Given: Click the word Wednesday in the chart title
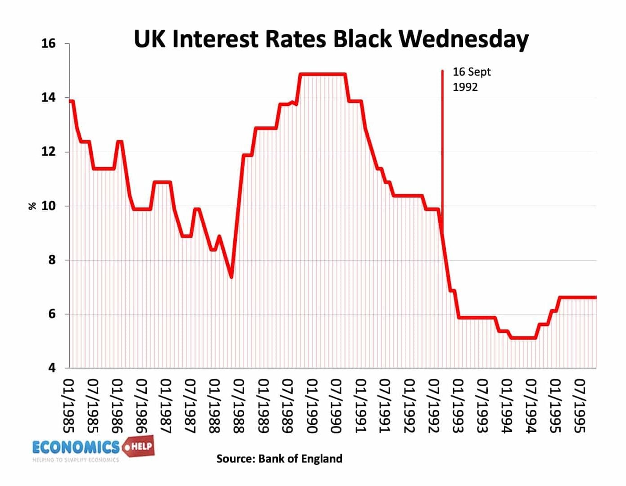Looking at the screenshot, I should pos(463,39).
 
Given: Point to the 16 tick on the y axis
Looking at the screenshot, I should pos(48,44).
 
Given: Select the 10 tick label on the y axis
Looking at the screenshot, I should pos(48,206).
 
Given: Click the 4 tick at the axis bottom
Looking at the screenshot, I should pos(52,368).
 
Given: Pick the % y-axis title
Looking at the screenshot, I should pos(32,206).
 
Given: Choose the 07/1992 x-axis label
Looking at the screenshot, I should pos(433,405).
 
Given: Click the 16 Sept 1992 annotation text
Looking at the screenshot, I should pos(471,79).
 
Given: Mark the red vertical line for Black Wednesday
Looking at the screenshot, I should pos(442,135).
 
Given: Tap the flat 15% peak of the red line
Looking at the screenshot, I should pos(322,74).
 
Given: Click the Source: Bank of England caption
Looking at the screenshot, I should pos(279,459).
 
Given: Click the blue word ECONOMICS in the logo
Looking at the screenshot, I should pos(76,447).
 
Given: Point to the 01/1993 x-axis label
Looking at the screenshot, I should pos(458,405).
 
